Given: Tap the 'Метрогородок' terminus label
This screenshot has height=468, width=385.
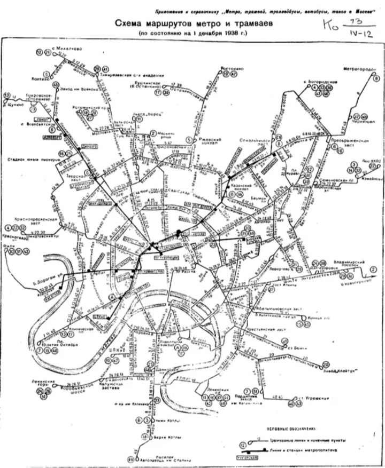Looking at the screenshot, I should tap(359, 69).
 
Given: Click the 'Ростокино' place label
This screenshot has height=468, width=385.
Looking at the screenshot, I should tap(232, 69).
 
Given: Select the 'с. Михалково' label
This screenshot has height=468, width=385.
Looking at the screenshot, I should tap(64, 48).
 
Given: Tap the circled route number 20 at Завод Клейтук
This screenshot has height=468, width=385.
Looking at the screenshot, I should tap(326, 364).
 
